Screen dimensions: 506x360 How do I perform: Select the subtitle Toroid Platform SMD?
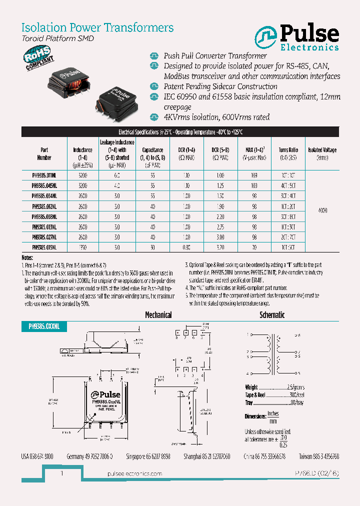(x=57, y=38)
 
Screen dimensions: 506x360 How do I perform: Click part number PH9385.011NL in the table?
(x=44, y=176)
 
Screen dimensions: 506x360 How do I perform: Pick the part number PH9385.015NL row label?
(x=44, y=247)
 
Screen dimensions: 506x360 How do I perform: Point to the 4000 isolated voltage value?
(x=322, y=211)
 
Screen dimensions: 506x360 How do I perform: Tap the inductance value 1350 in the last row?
(x=82, y=247)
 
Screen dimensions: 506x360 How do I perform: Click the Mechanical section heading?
(x=158, y=315)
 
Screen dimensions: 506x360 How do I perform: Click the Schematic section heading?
(x=272, y=315)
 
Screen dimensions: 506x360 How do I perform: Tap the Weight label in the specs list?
(x=251, y=387)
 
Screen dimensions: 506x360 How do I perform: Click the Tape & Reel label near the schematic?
(x=255, y=394)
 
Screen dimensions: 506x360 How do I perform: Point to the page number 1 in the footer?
(x=61, y=473)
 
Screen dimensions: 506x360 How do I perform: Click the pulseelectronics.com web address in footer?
(x=135, y=473)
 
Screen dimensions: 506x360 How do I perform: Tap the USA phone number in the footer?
(x=37, y=456)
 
